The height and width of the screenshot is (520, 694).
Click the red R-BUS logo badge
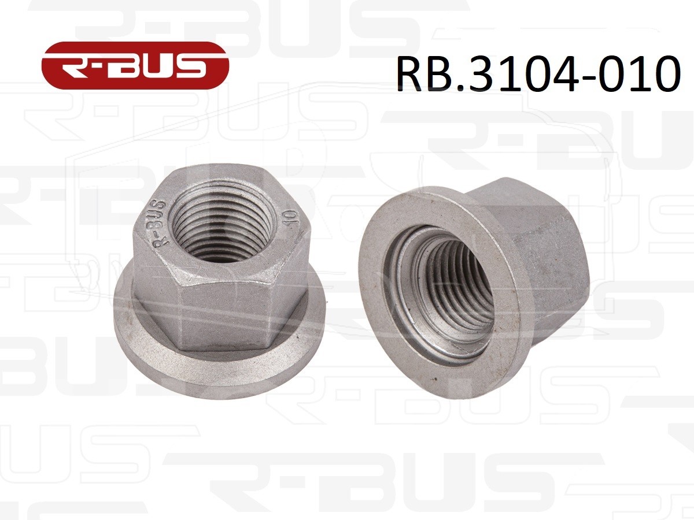(x=135, y=65)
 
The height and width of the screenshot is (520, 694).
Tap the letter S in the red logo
(x=189, y=68)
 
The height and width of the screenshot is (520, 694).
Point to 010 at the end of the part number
(x=636, y=73)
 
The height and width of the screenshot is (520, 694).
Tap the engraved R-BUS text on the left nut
(x=160, y=222)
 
